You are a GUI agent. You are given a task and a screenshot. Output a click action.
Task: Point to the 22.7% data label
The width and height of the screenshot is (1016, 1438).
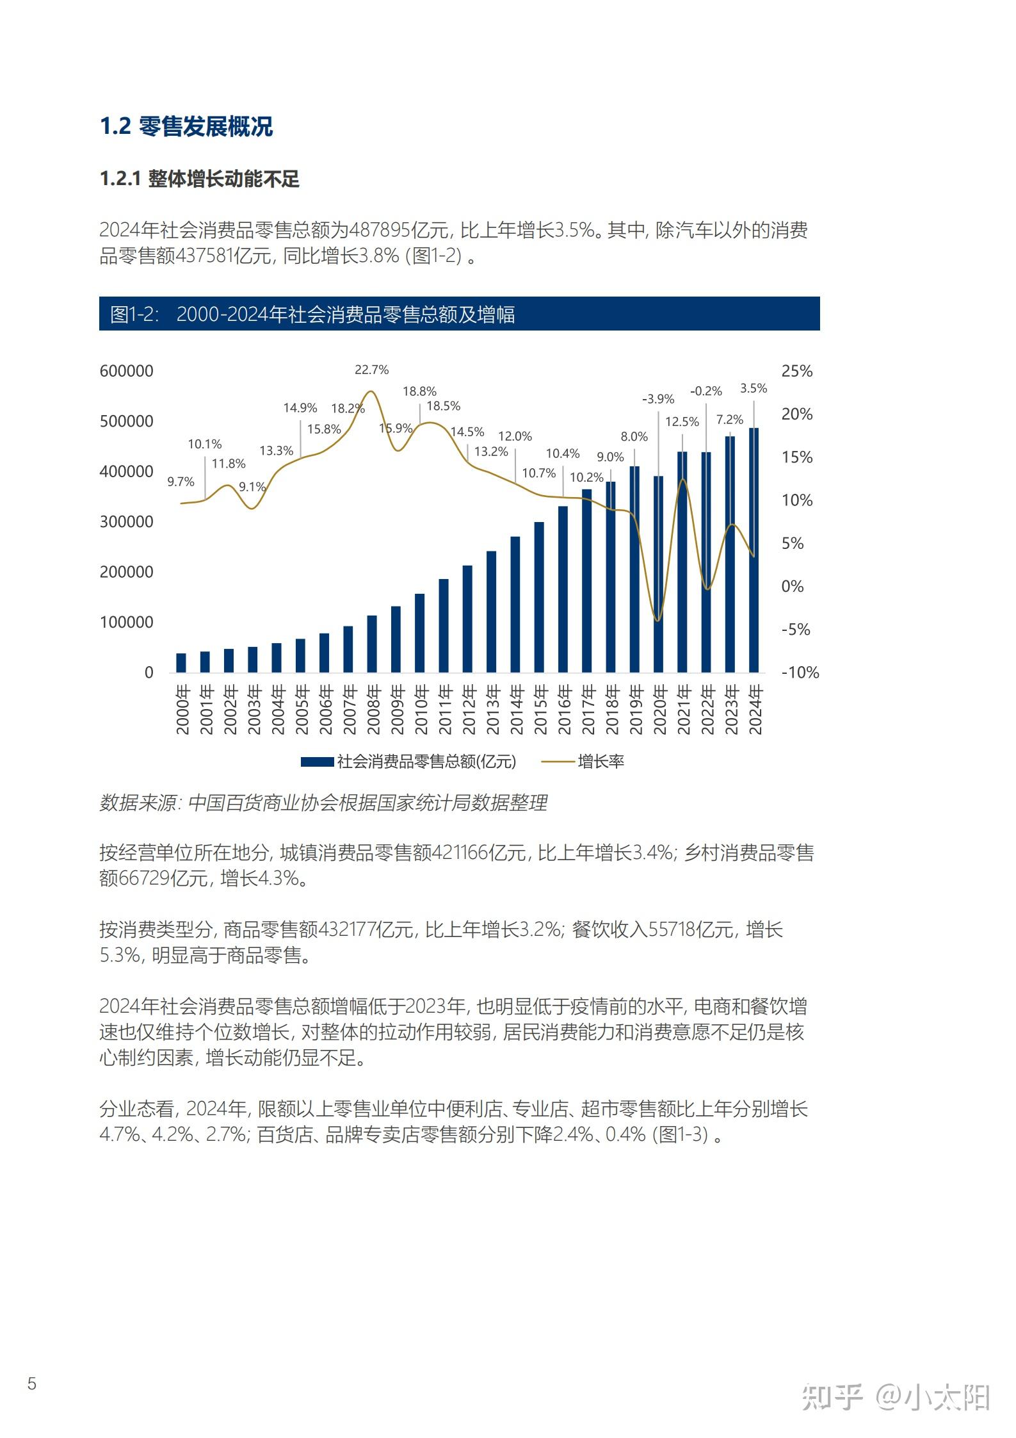pos(372,370)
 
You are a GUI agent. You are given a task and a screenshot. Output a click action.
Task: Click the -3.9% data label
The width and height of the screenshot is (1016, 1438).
pos(658,399)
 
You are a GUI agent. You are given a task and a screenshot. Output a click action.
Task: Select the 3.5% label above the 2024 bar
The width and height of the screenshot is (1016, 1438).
pos(754,388)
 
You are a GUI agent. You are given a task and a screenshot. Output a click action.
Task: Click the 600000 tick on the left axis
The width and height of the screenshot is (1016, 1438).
pos(127,371)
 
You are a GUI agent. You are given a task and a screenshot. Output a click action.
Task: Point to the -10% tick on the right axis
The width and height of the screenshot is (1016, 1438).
pos(800,673)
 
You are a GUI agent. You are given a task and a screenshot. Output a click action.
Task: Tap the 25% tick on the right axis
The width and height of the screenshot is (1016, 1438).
pos(796,371)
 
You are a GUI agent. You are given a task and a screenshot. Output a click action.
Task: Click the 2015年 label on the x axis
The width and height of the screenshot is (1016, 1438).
pos(540,710)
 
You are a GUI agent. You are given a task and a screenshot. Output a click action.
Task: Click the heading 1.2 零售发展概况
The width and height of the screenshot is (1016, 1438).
pos(186,126)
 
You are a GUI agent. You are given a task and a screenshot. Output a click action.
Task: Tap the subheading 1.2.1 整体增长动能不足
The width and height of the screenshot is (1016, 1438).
pos(199,179)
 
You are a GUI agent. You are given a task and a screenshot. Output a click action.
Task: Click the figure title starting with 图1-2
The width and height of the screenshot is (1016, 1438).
pos(312,314)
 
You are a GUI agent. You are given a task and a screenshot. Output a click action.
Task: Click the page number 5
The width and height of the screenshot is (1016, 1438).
pos(32,1384)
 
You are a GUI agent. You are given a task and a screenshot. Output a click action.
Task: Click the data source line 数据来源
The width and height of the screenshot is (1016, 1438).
pos(323,803)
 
